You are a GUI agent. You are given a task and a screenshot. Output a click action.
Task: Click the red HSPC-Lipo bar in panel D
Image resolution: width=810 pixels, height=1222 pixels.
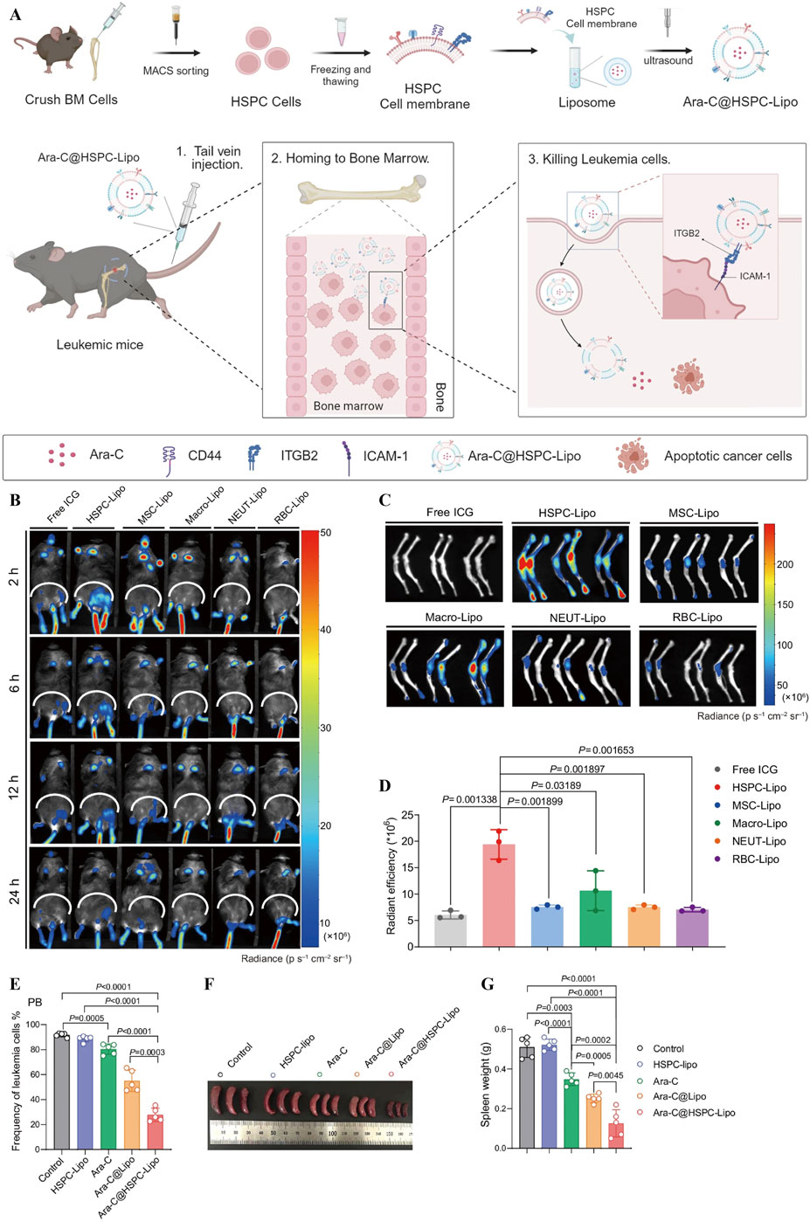click(x=499, y=895)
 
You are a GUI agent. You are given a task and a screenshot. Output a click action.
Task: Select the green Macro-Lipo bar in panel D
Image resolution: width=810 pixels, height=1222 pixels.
click(x=595, y=918)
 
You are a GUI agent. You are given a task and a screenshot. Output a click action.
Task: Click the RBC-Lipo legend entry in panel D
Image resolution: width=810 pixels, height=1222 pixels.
click(x=756, y=860)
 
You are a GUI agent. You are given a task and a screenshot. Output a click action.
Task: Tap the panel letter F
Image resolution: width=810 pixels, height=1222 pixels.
click(x=209, y=984)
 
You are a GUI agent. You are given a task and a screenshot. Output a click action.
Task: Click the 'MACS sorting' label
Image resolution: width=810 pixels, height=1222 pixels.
click(x=176, y=71)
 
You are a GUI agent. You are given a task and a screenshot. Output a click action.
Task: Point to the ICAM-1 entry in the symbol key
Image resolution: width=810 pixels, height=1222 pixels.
click(x=385, y=455)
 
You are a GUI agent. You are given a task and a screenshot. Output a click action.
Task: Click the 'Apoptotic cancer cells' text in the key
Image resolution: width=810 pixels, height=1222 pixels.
click(x=727, y=456)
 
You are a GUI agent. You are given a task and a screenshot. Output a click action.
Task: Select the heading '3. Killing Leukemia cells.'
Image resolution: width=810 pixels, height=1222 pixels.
click(x=599, y=160)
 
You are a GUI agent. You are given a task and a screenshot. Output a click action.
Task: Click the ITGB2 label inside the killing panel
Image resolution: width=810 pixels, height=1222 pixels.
click(x=686, y=234)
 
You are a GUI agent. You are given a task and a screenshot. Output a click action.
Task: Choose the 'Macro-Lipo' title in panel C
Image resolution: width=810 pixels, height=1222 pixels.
click(x=453, y=618)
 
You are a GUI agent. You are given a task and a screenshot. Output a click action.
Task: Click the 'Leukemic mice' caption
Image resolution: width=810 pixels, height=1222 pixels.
click(x=100, y=345)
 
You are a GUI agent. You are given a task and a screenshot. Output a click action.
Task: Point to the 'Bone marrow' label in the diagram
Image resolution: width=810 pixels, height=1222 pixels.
click(x=348, y=406)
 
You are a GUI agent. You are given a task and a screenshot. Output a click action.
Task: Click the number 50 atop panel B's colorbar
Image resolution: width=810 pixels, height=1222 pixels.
click(x=325, y=532)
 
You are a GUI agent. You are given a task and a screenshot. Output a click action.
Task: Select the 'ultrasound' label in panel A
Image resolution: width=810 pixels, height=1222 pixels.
click(x=668, y=60)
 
